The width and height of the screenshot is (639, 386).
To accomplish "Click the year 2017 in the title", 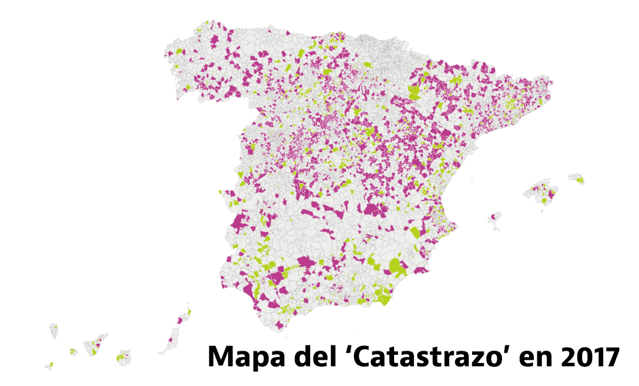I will click(592, 357).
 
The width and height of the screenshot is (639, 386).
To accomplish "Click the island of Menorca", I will click(577, 178).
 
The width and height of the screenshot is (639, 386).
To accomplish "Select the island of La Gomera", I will click(73, 351).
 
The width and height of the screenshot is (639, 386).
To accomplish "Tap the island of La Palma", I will click(54, 332).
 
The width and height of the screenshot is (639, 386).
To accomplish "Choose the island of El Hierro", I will click(50, 365).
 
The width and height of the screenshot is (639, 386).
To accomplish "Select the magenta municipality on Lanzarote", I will click(181, 318).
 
